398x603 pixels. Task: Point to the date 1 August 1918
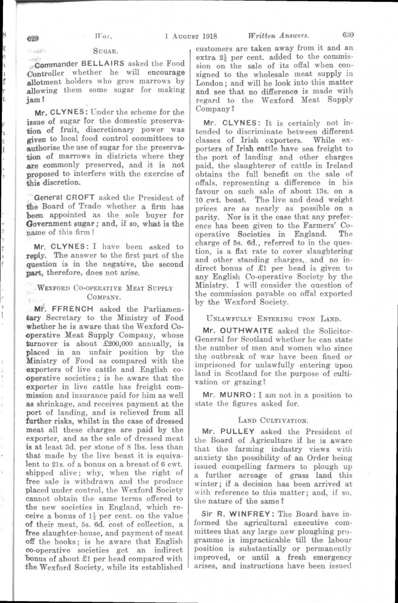(190, 36)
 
